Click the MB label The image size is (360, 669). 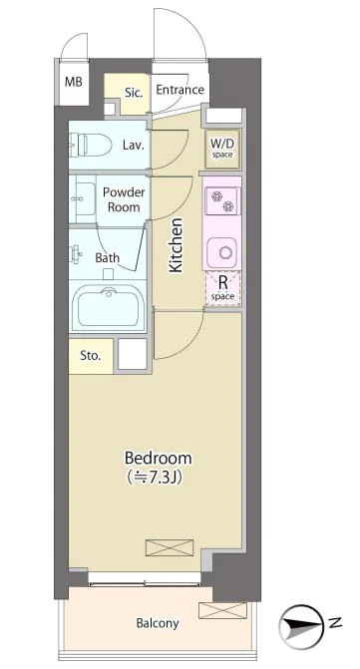(x=74, y=82)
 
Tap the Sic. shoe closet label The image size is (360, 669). (x=134, y=93)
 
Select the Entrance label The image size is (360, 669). (x=180, y=90)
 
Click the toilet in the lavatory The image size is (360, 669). (x=91, y=145)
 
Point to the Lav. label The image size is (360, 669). (x=133, y=145)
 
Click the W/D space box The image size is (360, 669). (x=222, y=149)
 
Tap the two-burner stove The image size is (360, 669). (x=221, y=201)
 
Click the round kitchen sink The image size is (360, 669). (x=221, y=251)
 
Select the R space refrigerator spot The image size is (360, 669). (x=222, y=288)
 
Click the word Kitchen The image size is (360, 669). (x=176, y=245)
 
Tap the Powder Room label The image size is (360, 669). (x=124, y=199)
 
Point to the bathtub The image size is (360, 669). (x=109, y=307)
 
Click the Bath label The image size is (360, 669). (x=107, y=257)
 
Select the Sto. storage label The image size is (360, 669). (x=91, y=356)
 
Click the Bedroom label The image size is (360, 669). (x=158, y=459)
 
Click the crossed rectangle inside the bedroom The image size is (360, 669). (x=170, y=547)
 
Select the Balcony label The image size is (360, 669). (x=158, y=623)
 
